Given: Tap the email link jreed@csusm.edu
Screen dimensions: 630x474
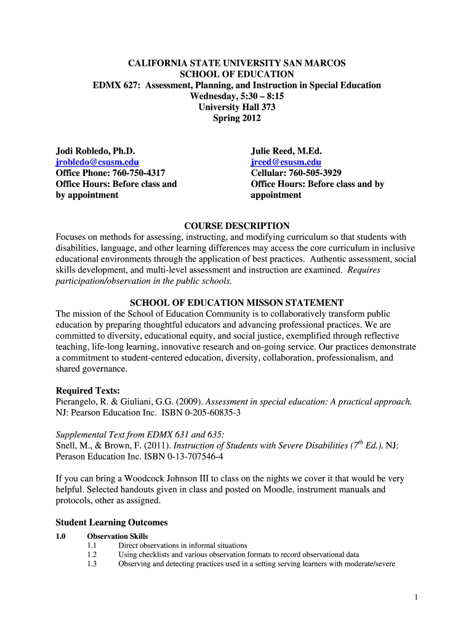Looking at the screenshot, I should pos(286,162).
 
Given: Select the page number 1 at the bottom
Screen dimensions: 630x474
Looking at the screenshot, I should pos(417,597).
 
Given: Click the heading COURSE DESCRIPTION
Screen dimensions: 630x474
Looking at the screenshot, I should pos(237,226).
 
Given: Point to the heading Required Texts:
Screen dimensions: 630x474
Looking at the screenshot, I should pos(88,390).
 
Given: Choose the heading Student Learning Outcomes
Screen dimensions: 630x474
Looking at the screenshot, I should pos(111,522).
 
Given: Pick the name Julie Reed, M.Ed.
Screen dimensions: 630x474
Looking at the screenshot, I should pos(287,151).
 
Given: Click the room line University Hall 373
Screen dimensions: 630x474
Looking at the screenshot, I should pos(237,107).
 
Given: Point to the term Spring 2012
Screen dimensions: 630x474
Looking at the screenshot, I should pos(237,118).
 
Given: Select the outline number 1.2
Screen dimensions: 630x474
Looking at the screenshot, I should pos(92,554).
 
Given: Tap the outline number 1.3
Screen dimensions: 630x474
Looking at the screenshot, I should pos(92,564).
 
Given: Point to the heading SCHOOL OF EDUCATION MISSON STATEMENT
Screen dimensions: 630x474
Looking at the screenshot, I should pos(237,303).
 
